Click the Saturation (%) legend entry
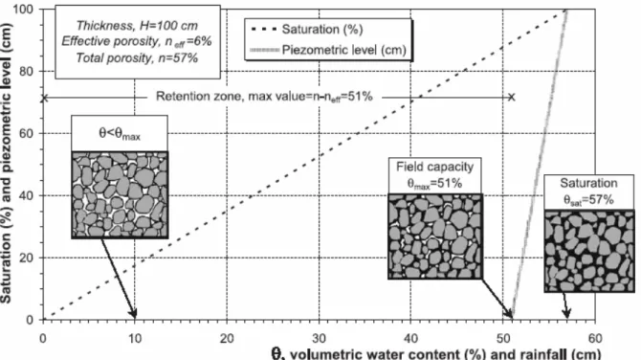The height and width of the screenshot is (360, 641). click(x=306, y=30)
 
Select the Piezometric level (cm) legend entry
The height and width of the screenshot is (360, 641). click(x=328, y=50)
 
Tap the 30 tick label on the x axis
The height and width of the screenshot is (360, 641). click(x=319, y=338)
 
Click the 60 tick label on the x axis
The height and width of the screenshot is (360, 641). click(x=595, y=338)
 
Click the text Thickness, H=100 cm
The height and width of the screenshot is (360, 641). click(x=138, y=26)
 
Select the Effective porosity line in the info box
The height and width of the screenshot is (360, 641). click(x=137, y=41)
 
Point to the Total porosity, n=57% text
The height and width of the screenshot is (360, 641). click(x=137, y=57)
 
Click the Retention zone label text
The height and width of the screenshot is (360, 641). click(x=264, y=97)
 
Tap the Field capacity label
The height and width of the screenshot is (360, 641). click(x=434, y=167)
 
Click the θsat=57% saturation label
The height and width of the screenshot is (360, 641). click(x=588, y=200)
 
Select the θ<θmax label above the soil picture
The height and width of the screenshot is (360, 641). click(x=120, y=133)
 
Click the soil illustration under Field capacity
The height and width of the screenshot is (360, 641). click(x=435, y=236)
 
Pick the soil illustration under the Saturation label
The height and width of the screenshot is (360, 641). click(x=589, y=251)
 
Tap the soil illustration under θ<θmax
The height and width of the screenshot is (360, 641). click(x=120, y=194)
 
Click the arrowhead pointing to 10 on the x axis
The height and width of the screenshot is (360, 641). click(x=133, y=313)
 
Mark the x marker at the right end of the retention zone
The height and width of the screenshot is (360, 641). click(x=512, y=97)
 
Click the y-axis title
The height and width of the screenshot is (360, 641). click(x=6, y=163)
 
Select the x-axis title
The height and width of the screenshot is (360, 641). click(x=435, y=354)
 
